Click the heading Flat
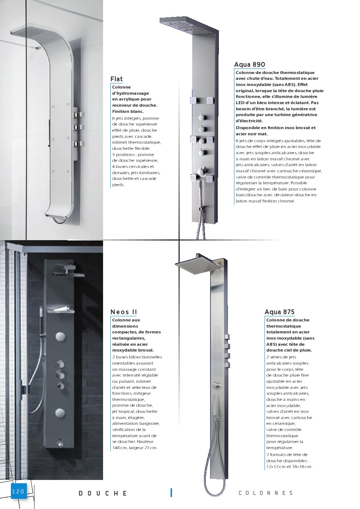pyautogui.click(x=116, y=79)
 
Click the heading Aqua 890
pyautogui.click(x=249, y=65)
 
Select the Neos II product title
pyautogui.click(x=123, y=312)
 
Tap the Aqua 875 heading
pyautogui.click(x=279, y=312)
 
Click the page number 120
pyautogui.click(x=18, y=492)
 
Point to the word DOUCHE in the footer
pyautogui.click(x=103, y=493)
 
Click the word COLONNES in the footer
pyautogui.click(x=266, y=493)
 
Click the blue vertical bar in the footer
pyautogui.click(x=171, y=493)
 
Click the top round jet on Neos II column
pyautogui.click(x=60, y=337)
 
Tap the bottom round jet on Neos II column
pyautogui.click(x=60, y=412)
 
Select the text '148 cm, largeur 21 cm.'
pyautogui.click(x=135, y=448)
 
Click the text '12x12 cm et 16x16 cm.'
pyautogui.click(x=289, y=467)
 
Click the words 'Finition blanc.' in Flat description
pyautogui.click(x=128, y=111)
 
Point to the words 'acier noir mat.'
pyautogui.click(x=251, y=134)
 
